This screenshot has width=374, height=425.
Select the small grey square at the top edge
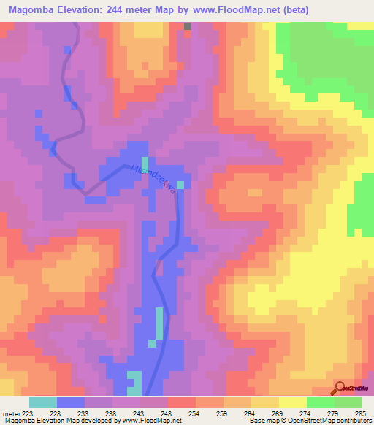[188, 26]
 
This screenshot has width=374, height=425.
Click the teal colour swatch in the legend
[42, 402]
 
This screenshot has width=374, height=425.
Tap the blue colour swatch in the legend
[70, 402]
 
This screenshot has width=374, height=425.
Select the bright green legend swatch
[320, 402]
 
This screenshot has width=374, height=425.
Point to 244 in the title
[129, 10]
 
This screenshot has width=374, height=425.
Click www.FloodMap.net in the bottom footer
[150, 421]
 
